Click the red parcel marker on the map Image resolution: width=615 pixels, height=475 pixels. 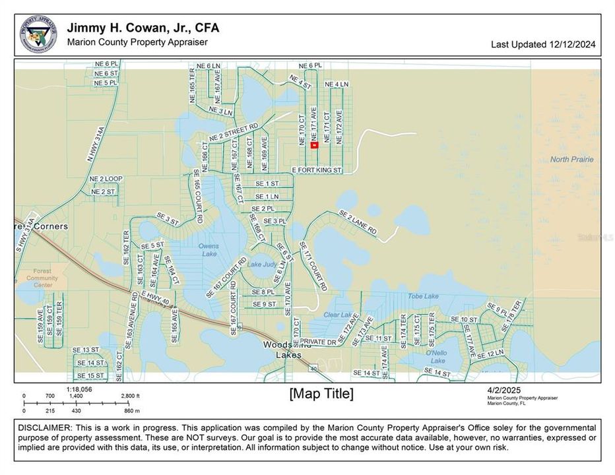(314, 145)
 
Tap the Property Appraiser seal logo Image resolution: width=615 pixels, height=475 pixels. (38, 35)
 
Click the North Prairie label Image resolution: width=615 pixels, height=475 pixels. (571, 160)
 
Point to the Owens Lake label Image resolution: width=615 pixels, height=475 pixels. (209, 250)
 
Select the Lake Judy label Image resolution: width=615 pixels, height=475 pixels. (261, 265)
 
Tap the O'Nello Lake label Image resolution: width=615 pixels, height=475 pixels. (436, 357)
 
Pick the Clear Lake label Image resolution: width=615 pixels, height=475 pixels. (338, 315)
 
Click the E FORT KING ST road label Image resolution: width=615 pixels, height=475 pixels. (317, 170)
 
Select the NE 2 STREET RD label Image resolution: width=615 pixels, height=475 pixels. (233, 132)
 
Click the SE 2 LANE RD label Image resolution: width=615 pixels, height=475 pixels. (358, 223)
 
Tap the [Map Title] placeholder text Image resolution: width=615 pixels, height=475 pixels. (321, 394)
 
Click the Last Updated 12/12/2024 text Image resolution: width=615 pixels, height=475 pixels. (543, 45)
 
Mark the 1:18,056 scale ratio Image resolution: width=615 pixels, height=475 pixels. (79, 389)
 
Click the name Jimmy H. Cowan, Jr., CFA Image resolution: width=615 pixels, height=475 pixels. (143, 28)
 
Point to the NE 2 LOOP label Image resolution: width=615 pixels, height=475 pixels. (106, 179)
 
